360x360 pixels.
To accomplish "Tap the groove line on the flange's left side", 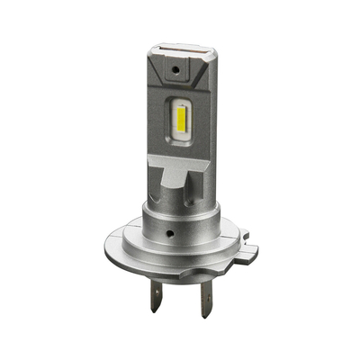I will [x=126, y=238].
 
